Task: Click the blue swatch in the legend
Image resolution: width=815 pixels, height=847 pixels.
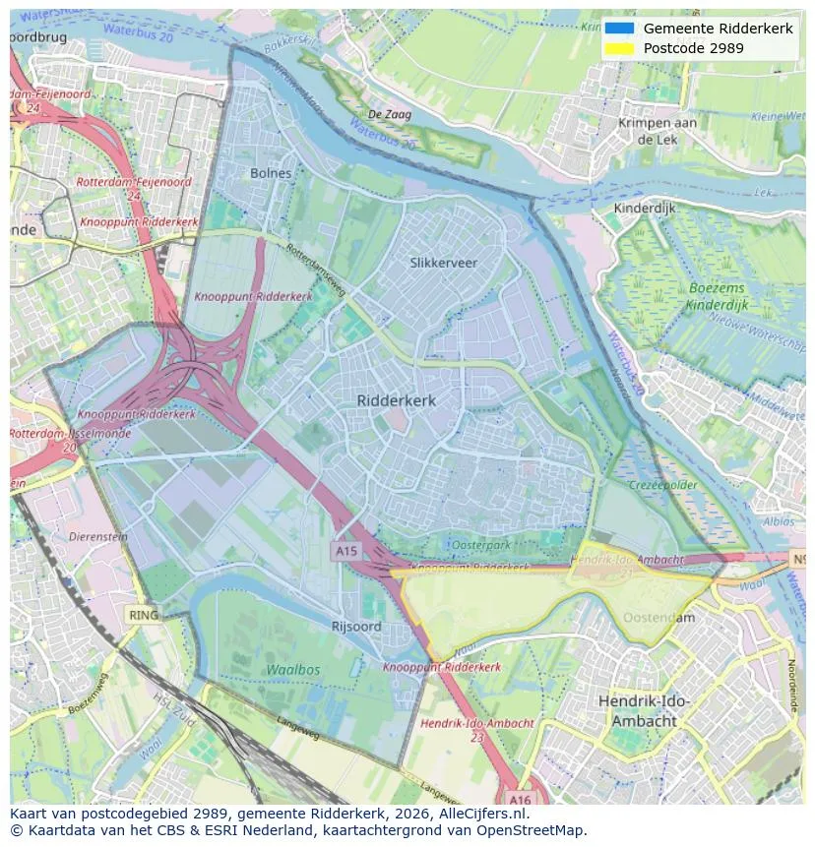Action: [619, 29]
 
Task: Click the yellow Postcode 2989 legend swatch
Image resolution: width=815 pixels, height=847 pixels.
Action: [619, 48]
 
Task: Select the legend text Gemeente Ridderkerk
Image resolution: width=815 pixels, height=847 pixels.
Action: [718, 29]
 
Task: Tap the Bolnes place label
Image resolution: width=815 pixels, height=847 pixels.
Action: [271, 173]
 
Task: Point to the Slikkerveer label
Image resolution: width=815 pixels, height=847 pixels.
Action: [443, 263]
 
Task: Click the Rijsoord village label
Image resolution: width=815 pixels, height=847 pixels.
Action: [356, 626]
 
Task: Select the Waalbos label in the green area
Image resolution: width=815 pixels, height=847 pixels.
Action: [292, 669]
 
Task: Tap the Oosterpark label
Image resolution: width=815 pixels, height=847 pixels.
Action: [480, 545]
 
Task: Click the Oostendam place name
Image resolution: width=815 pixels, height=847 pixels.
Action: [658, 618]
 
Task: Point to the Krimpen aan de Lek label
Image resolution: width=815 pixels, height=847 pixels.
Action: [657, 131]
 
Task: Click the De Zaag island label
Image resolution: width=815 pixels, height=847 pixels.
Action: [389, 115]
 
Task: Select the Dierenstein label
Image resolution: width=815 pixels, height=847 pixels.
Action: [98, 537]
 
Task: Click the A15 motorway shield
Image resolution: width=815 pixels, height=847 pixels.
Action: [345, 552]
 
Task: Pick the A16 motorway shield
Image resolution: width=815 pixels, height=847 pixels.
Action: [520, 799]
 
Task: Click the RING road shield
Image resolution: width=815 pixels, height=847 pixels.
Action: [143, 615]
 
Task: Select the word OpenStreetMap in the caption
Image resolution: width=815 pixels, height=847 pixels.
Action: [535, 830]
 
